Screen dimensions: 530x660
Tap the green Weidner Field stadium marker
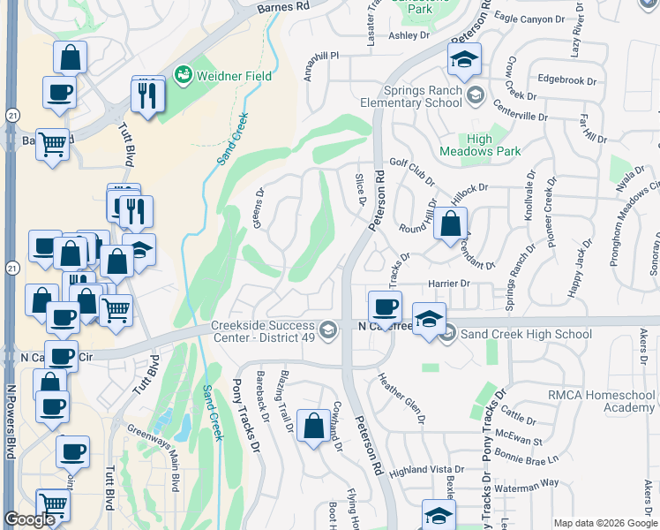click(184, 73)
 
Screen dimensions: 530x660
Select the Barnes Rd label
click(285, 6)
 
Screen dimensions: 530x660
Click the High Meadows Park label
click(492, 145)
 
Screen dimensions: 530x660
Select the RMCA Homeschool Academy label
click(601, 401)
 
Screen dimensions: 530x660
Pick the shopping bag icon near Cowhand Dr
click(313, 427)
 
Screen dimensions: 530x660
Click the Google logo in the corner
click(30, 519)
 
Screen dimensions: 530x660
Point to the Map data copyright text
click(604, 523)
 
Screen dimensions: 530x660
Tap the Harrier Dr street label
click(452, 283)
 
